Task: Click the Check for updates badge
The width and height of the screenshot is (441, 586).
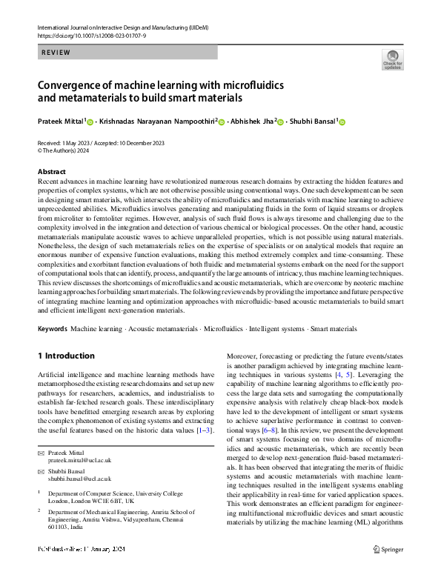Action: coord(392,60)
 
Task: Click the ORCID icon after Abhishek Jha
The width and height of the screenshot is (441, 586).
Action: coord(281,121)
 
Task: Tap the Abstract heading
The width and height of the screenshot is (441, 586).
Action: coord(52,172)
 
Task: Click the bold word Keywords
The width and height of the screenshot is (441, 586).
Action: coord(52,328)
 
